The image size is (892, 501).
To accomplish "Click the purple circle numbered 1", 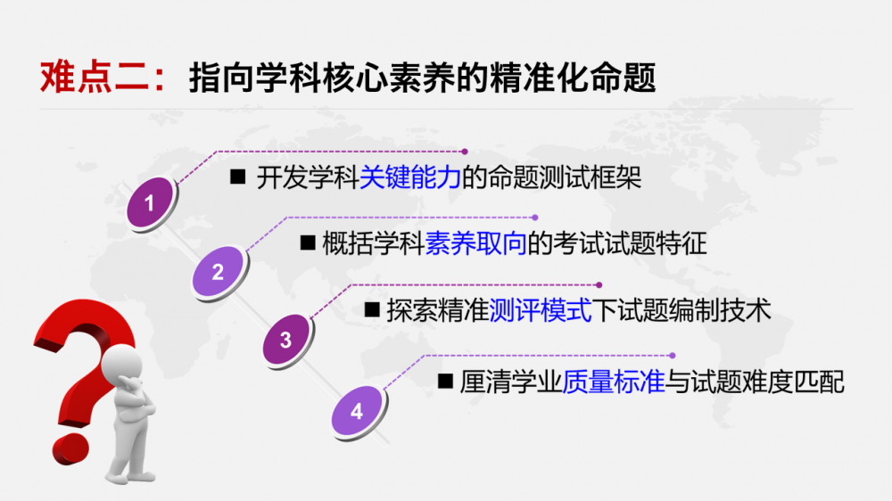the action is coord(150,202).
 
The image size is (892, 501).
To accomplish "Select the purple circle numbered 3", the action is coord(286,340).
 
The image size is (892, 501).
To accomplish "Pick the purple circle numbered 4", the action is coord(357,410).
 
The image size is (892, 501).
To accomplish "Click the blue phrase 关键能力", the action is coord(409,177).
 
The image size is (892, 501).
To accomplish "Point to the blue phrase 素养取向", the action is coord(476,244).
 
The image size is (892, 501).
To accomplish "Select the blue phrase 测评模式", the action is coord(541,310).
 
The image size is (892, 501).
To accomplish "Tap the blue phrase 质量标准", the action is coord(614,382).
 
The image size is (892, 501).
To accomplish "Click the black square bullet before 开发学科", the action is coord(238,177).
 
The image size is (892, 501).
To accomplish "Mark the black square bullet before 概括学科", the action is coord(308,242).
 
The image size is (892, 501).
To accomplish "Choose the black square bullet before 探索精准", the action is coord(372,310).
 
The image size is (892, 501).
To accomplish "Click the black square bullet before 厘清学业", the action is coord(445,381).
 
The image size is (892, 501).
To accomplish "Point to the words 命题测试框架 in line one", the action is coord(565,177).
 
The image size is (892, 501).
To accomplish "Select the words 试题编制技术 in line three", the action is coord(694,310).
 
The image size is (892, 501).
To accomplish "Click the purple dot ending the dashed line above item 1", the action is coord(465,152).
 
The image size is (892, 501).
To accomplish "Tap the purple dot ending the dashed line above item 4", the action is coord(673,356).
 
